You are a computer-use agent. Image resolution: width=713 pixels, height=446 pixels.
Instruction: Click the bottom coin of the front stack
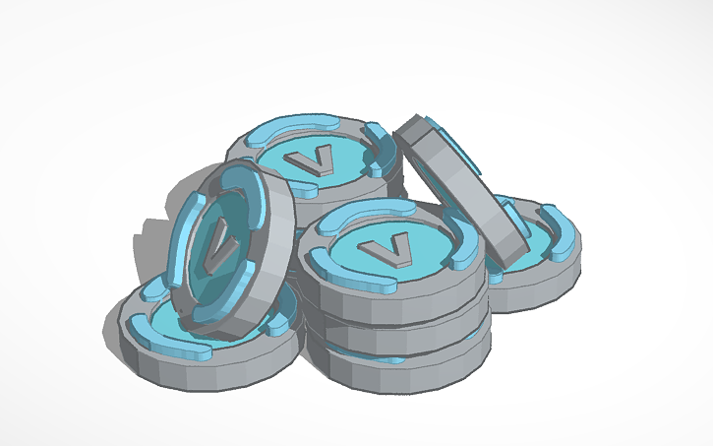403,365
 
